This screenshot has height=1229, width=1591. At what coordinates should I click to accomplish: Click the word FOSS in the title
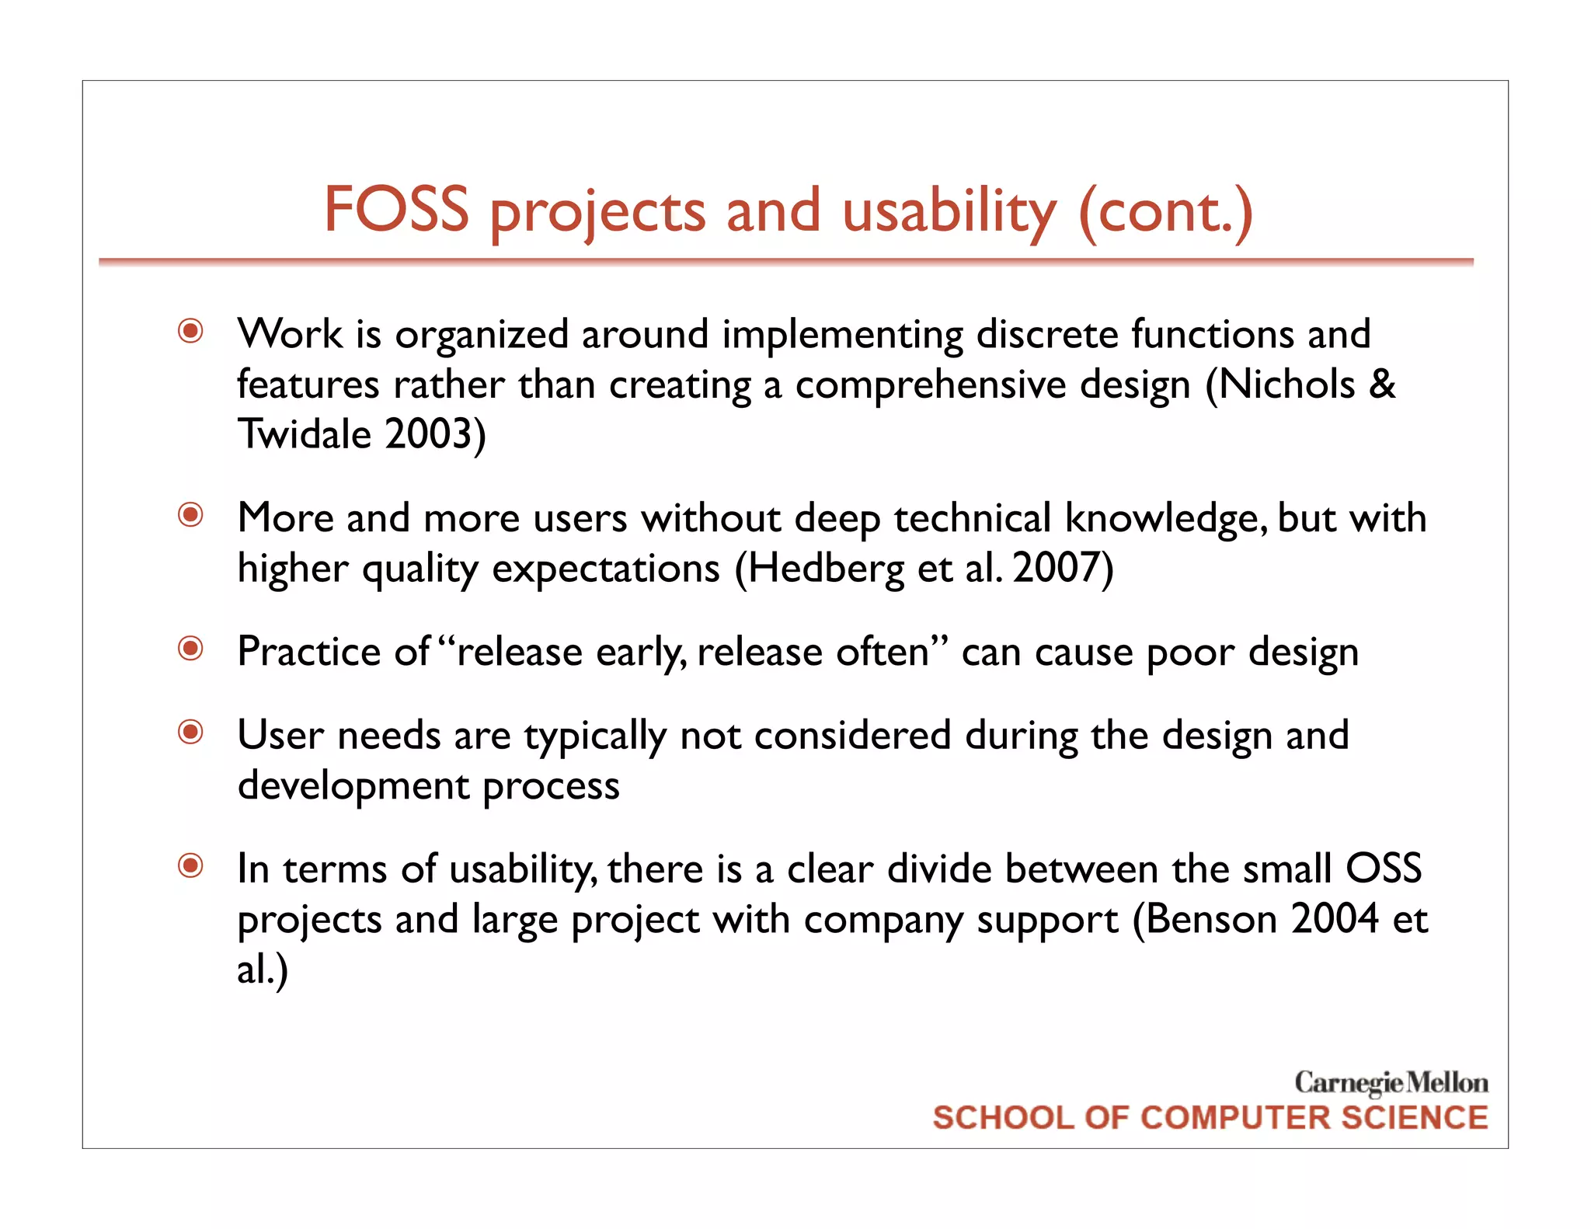(x=396, y=210)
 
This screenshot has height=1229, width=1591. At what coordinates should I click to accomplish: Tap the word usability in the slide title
(x=949, y=212)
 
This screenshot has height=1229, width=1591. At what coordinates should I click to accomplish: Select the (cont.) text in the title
(x=1165, y=212)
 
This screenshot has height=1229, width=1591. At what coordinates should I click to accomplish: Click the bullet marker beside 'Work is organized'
(x=191, y=332)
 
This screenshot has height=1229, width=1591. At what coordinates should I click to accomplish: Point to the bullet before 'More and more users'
(x=191, y=515)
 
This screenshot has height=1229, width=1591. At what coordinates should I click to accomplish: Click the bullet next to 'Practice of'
(x=191, y=649)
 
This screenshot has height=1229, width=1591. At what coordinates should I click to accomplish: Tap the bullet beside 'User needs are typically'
(x=191, y=732)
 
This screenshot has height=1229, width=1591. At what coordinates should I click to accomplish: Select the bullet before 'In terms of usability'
(x=191, y=865)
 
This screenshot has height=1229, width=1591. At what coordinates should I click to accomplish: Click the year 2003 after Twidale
(x=429, y=433)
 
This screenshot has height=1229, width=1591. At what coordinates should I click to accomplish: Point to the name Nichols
(x=1286, y=384)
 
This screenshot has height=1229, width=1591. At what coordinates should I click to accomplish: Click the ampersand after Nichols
(x=1381, y=384)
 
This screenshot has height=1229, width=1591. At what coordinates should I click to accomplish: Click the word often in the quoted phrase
(x=882, y=651)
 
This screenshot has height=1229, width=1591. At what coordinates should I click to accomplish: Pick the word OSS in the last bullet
(x=1384, y=869)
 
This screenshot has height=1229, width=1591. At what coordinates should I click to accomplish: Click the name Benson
(x=1212, y=919)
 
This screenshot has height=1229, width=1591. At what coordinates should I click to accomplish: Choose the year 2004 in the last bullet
(x=1335, y=919)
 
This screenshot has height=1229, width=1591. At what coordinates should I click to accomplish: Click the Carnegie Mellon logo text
(x=1391, y=1082)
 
